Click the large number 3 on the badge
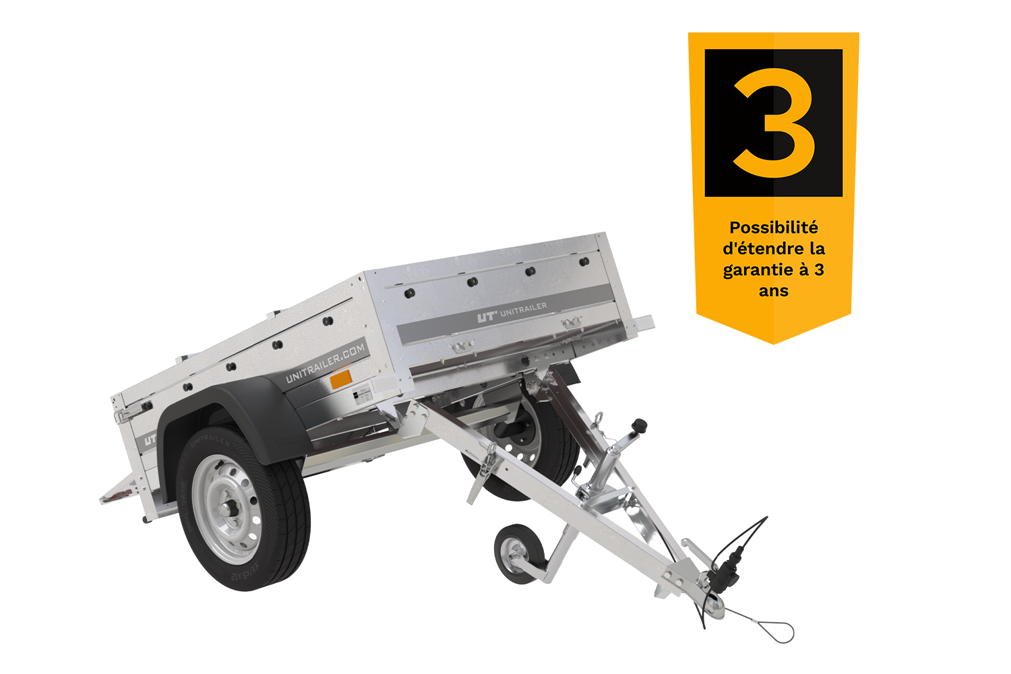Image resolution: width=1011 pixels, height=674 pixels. click(774, 123)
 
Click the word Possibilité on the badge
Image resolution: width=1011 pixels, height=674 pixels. click(773, 228)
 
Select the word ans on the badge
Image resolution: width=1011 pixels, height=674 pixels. click(773, 291)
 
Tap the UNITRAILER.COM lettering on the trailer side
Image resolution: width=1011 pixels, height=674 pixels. click(326, 362)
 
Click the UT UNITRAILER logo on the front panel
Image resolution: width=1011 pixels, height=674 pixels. click(512, 313)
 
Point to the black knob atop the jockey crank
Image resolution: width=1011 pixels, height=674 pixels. click(638, 426)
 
